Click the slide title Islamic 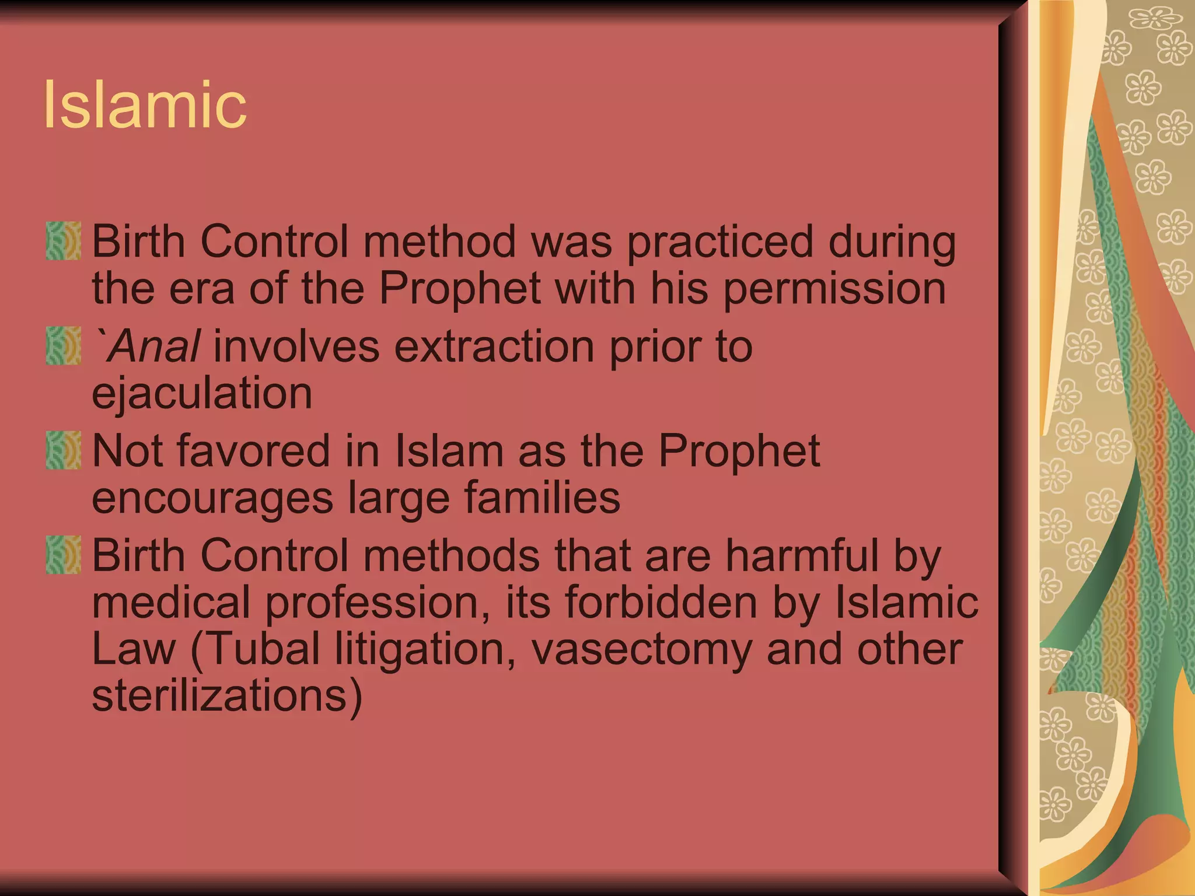pyautogui.click(x=145, y=105)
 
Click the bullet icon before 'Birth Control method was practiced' pyautogui.click(x=63, y=240)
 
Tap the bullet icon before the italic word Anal pyautogui.click(x=63, y=345)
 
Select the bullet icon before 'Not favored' pyautogui.click(x=63, y=450)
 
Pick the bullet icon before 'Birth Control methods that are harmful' pyautogui.click(x=63, y=555)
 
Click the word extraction pyautogui.click(x=494, y=346)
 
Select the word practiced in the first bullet pyautogui.click(x=719, y=242)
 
